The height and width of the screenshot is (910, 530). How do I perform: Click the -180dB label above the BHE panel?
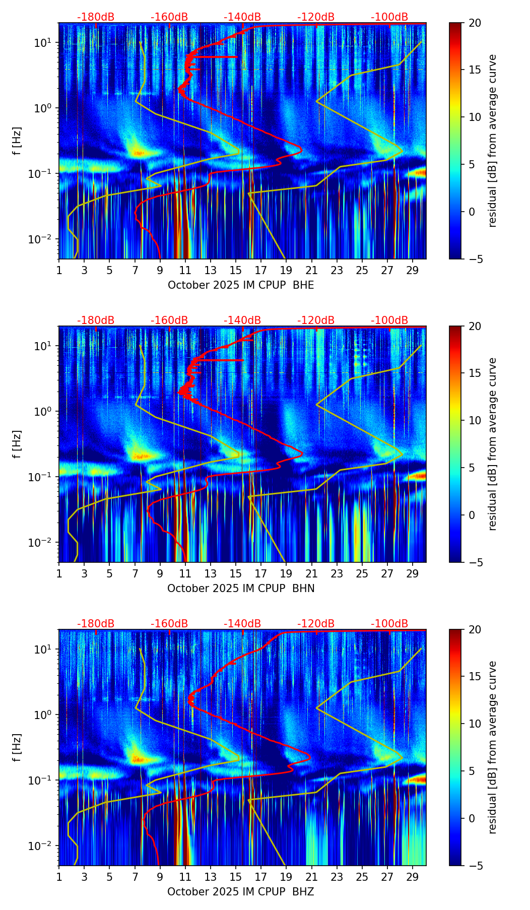96,17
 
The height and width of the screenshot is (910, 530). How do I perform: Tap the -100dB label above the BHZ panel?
389,624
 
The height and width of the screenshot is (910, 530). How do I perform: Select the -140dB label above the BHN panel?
242,320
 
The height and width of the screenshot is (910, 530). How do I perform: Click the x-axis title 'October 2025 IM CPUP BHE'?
241,285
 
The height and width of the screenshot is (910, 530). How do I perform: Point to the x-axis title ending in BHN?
241,589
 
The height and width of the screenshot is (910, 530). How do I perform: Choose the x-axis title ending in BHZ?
241,892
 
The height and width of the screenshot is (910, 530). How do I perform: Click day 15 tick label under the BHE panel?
236,270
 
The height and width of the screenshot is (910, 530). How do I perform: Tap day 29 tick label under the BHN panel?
413,573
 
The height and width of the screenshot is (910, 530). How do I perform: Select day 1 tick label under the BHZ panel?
59,877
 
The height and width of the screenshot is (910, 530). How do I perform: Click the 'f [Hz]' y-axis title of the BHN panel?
17,444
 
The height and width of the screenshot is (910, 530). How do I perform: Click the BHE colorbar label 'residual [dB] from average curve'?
492,141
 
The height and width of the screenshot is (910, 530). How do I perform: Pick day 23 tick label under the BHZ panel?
337,877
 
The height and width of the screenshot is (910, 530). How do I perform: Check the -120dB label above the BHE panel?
316,17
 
